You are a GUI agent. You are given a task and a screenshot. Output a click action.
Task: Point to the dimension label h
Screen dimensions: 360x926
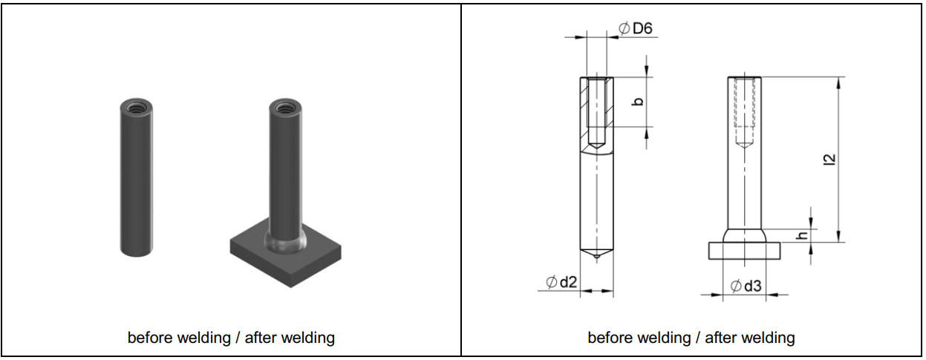pos(801,235)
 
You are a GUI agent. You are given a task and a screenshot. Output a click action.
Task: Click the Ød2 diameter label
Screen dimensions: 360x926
pos(562,282)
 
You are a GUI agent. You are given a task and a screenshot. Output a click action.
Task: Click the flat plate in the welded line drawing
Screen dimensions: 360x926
pos(744,250)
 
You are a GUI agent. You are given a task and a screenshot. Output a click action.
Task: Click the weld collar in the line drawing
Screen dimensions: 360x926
pos(744,235)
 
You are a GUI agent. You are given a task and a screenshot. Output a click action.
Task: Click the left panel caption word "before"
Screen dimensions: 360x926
pos(148,338)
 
